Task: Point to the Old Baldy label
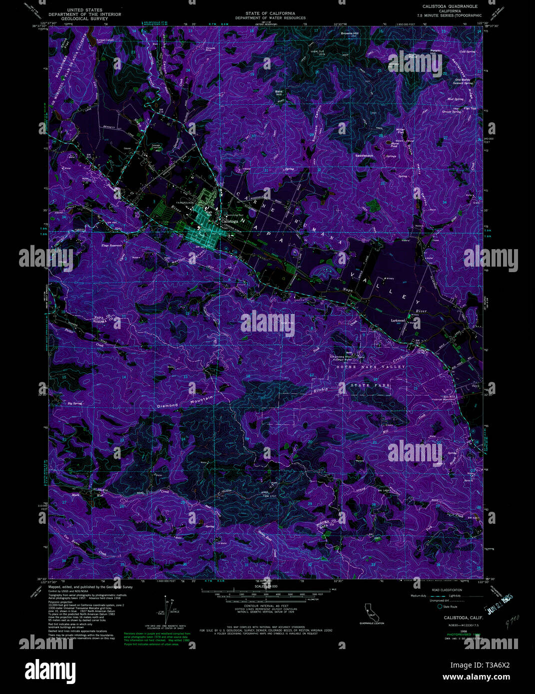click(x=463, y=79)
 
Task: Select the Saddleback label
click(x=364, y=156)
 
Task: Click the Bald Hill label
click(x=279, y=92)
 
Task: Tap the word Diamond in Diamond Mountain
click(x=168, y=405)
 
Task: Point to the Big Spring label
click(x=74, y=403)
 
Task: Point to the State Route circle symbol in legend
click(x=440, y=607)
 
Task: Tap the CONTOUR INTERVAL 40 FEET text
click(x=265, y=605)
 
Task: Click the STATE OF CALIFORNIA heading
click(x=270, y=13)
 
